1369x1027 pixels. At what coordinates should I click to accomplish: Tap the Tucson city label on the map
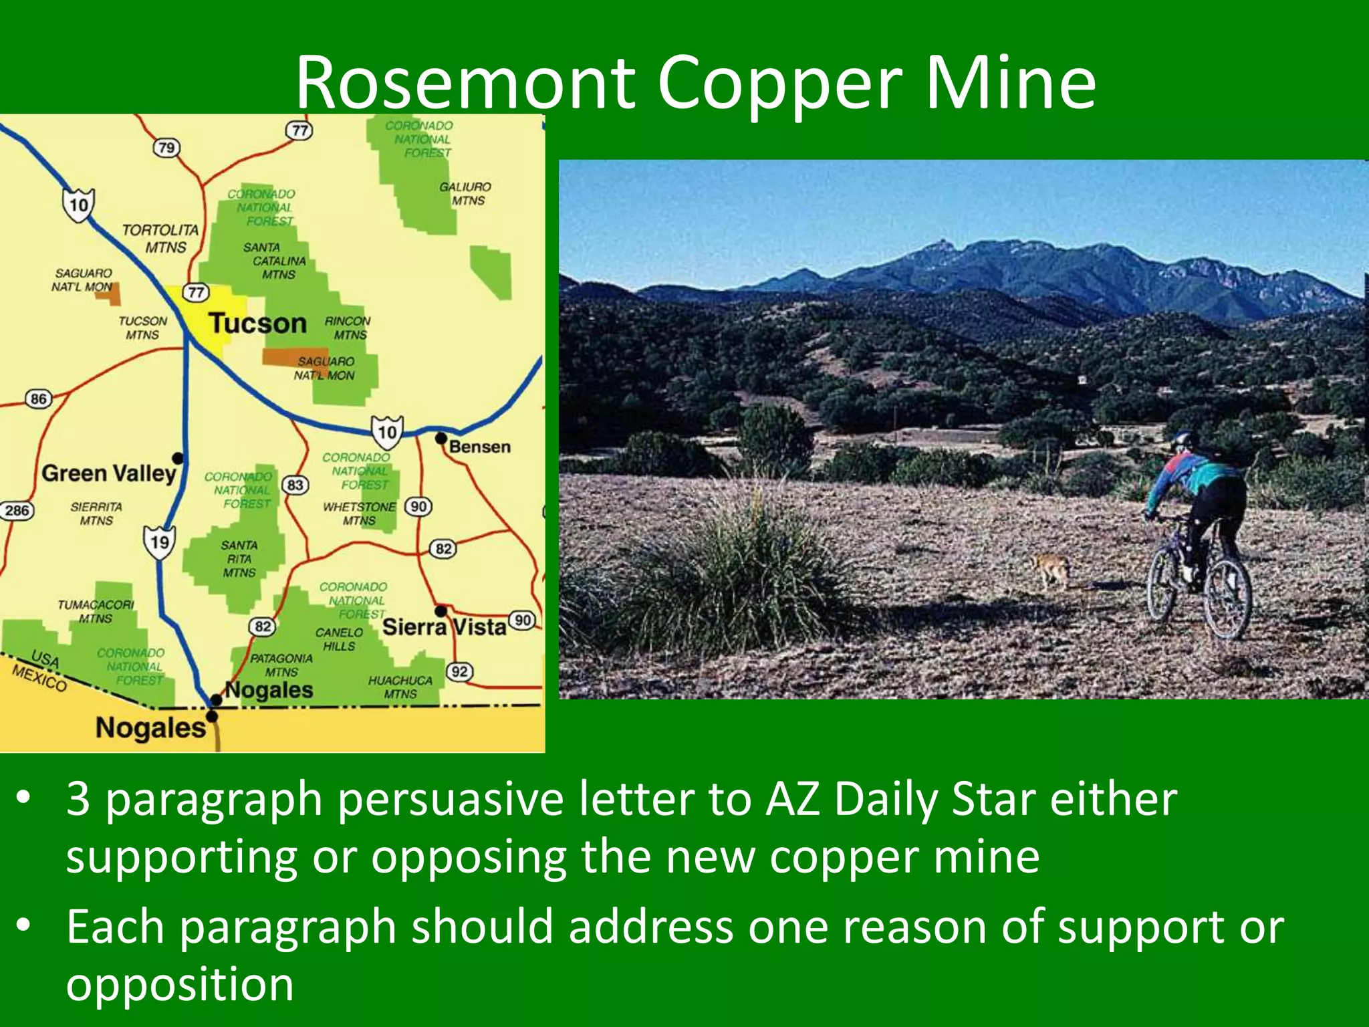[x=258, y=324]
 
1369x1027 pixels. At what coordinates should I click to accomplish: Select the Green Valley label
[x=109, y=473]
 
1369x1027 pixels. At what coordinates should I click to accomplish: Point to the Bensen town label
[x=480, y=447]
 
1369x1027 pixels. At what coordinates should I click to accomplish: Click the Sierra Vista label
[x=444, y=627]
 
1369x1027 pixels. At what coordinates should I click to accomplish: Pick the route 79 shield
[x=166, y=147]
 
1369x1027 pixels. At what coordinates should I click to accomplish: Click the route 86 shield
[x=39, y=399]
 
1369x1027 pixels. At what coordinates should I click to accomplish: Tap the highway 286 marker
[x=17, y=511]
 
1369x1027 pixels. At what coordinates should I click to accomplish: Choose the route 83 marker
[x=295, y=485]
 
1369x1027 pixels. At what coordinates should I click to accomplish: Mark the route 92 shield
[x=459, y=671]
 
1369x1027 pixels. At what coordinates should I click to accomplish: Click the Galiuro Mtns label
[x=465, y=194]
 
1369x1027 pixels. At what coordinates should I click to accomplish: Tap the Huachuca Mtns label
[x=400, y=687]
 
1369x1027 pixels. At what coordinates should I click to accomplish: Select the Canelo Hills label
[x=339, y=639]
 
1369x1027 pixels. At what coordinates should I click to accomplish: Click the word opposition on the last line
[x=180, y=984]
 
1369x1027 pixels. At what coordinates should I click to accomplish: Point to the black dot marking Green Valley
[x=178, y=458]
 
